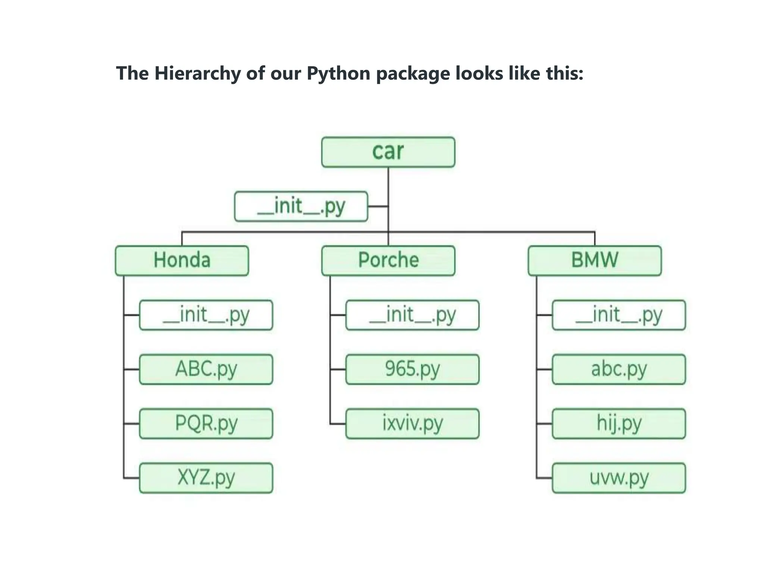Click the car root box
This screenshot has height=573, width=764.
[388, 152]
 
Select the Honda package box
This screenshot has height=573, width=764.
[182, 260]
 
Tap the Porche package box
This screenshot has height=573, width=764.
[388, 260]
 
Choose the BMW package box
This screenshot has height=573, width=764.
[595, 260]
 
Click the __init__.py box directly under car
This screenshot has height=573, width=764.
[301, 206]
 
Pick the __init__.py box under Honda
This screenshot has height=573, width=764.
[206, 315]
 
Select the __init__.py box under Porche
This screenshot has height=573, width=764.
[412, 315]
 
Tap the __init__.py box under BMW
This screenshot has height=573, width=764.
[619, 315]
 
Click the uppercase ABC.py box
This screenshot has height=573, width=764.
[206, 369]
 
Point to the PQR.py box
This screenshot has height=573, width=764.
[206, 423]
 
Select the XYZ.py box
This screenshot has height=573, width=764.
[206, 478]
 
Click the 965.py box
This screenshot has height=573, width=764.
[412, 369]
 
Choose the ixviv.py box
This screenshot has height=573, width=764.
[412, 423]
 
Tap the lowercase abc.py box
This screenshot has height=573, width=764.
[619, 369]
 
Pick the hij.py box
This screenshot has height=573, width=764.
[619, 423]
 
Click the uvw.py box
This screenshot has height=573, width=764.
[619, 478]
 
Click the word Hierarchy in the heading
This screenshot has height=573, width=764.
[197, 73]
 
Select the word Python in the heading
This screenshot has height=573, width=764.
[338, 73]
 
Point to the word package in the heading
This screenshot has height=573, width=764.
[413, 73]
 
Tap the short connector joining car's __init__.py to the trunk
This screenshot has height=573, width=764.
[378, 206]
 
